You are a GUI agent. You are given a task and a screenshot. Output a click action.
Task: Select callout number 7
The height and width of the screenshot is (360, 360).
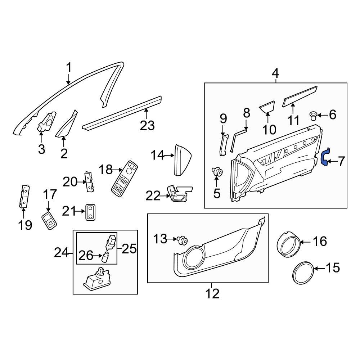click(x=340, y=162)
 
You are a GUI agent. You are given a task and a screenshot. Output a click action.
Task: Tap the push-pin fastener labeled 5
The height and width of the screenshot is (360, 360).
click(x=217, y=172)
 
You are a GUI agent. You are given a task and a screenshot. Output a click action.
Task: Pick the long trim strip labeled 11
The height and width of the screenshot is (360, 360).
click(x=300, y=96)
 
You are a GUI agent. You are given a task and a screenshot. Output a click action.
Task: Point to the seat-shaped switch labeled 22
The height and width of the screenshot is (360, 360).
click(x=178, y=194)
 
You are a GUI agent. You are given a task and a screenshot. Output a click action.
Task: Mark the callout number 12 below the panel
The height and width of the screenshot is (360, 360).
click(x=212, y=293)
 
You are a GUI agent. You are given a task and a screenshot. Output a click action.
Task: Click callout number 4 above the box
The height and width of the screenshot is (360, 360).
click(x=275, y=74)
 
